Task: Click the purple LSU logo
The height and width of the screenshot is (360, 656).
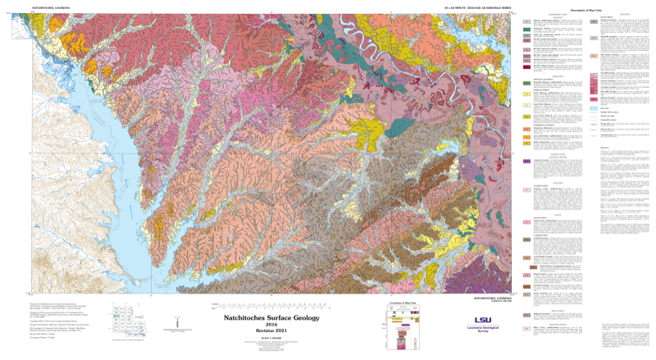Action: pos(484,321)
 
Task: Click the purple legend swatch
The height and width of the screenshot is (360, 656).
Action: pos(527,162)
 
